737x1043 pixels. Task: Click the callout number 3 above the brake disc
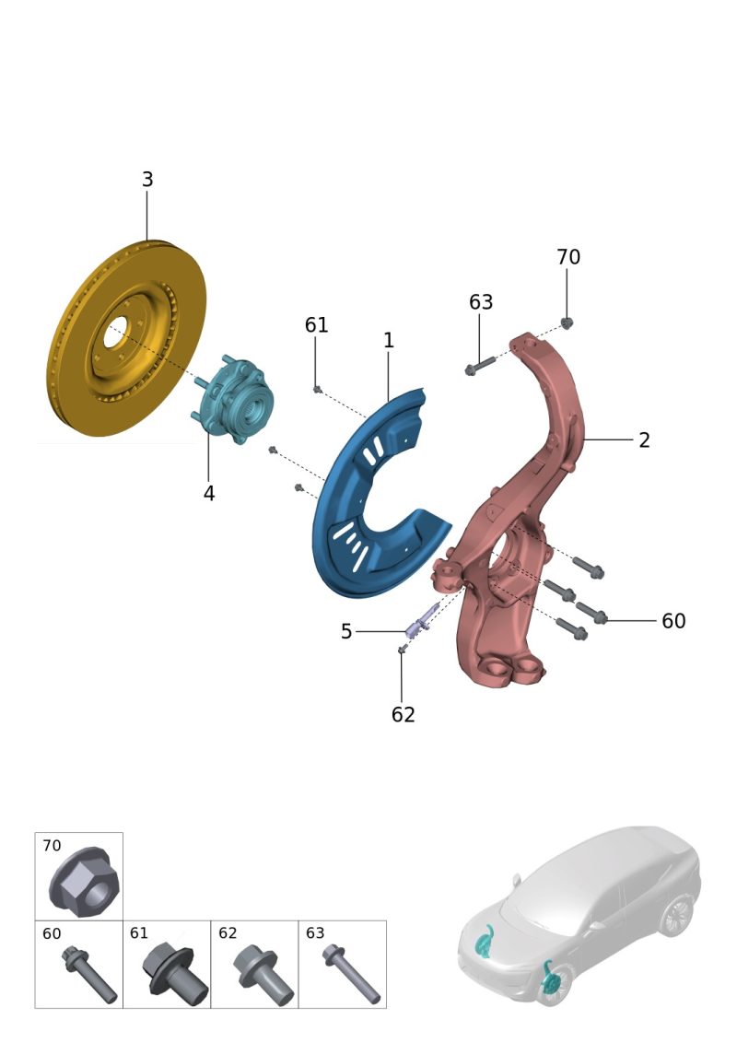click(147, 180)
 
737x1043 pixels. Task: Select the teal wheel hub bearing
click(232, 400)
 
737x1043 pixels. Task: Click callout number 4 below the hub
click(209, 494)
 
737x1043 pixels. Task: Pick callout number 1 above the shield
click(389, 341)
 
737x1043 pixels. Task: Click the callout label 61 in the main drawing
click(317, 325)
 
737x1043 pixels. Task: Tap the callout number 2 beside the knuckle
click(644, 440)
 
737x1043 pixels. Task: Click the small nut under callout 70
click(567, 324)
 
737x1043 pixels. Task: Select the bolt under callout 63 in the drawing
click(480, 365)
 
